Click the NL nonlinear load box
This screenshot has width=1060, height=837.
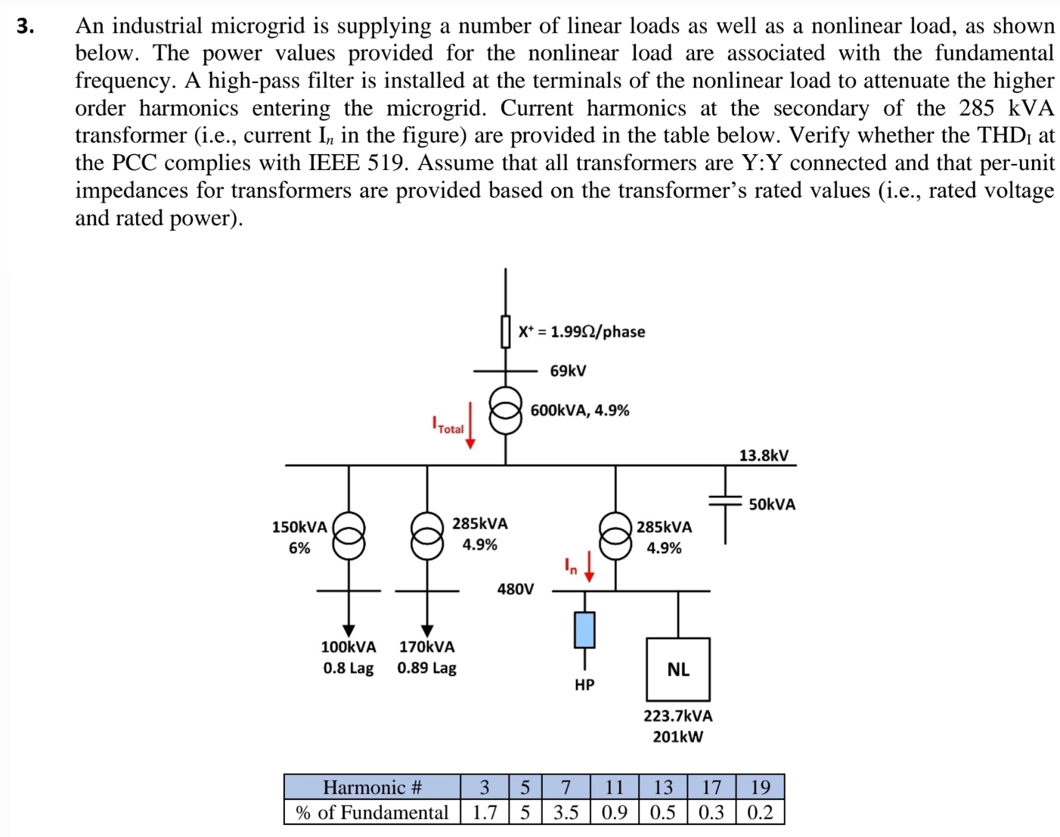[677, 669]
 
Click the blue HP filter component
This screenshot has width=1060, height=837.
[584, 630]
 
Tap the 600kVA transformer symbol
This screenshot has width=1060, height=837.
[506, 409]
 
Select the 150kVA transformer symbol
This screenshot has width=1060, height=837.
[349, 535]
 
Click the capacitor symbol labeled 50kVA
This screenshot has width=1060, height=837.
[725, 499]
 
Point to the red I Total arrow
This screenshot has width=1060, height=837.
[470, 426]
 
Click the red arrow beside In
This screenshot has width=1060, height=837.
[589, 569]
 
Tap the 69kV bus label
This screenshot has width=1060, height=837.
[568, 371]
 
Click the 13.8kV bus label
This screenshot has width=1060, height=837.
[763, 455]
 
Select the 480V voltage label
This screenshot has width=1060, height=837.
[515, 588]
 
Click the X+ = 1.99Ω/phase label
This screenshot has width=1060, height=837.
[581, 331]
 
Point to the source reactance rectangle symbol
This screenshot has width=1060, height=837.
[506, 331]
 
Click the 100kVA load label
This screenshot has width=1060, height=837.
[348, 646]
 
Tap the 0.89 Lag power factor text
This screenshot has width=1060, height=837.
[426, 668]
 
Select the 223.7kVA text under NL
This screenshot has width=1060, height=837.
[677, 715]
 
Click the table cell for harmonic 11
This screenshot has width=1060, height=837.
[614, 787]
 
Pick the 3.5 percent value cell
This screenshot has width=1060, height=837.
[566, 812]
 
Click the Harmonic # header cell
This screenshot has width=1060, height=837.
[372, 787]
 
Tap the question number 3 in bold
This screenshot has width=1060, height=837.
[26, 26]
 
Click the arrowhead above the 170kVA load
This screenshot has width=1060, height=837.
[426, 630]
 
